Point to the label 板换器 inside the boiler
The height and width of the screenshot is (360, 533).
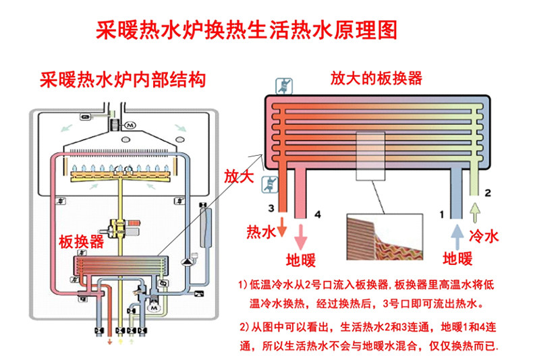[81, 241]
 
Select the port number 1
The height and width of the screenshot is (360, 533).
[442, 214]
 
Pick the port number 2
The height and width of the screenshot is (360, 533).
[488, 193]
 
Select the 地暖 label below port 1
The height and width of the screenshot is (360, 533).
[457, 258]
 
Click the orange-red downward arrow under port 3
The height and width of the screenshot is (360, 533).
[282, 229]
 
